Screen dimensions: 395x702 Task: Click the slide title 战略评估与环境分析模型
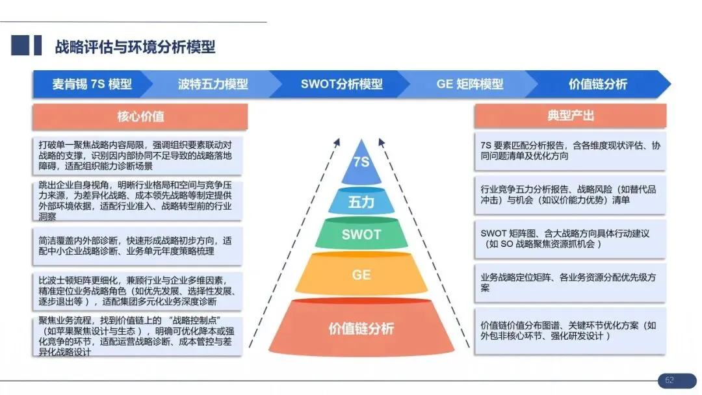coord(135,47)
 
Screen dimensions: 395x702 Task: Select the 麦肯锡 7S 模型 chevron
coord(92,84)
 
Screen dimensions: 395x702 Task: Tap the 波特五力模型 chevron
coord(213,84)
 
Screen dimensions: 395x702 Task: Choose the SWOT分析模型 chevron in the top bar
coord(341,84)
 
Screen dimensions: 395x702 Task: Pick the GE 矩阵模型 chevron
coord(469,84)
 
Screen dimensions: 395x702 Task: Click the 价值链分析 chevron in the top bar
coord(597,84)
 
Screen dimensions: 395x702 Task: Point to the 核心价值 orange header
coord(140,117)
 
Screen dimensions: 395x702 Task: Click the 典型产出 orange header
coord(570,116)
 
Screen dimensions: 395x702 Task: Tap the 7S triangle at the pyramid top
coord(361,162)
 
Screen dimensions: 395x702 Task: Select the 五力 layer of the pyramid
coord(361,202)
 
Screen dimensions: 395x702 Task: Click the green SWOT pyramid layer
coord(361,234)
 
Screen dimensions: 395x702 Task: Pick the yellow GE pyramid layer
coord(361,274)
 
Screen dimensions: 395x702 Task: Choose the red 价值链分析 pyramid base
coord(361,328)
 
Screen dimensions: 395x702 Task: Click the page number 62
coord(669,381)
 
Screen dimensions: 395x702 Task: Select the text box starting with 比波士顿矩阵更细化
coord(137,290)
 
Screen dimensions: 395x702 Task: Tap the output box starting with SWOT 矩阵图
coord(570,238)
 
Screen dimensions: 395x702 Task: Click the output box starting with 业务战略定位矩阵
coord(570,283)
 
